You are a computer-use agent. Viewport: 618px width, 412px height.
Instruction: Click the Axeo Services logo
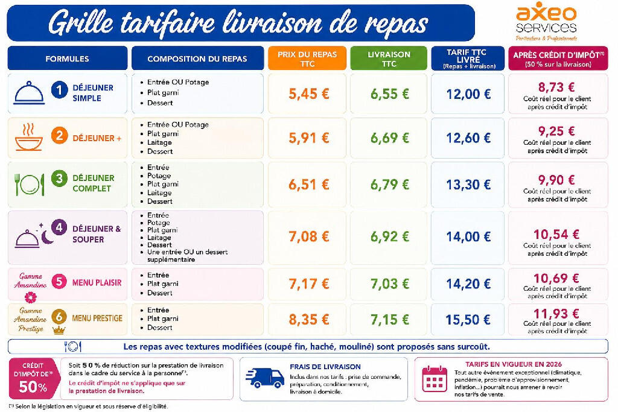tap(546, 22)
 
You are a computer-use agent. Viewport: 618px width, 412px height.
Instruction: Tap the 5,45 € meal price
tap(308, 93)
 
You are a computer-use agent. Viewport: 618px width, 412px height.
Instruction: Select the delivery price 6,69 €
tap(389, 138)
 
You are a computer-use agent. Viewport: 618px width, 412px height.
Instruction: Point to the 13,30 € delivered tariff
tap(468, 185)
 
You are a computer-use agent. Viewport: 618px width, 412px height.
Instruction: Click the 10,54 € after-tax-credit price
tap(556, 235)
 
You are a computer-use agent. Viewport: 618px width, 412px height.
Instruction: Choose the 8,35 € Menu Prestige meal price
tap(308, 320)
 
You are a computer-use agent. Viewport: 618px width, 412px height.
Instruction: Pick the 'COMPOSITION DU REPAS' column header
tap(197, 59)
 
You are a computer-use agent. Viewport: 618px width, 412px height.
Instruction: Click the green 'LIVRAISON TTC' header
tap(389, 59)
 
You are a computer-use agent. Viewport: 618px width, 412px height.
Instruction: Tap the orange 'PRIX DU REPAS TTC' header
tap(307, 59)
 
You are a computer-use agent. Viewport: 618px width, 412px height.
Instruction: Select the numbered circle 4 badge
tap(59, 227)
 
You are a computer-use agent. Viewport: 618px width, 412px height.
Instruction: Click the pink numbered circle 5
tap(59, 282)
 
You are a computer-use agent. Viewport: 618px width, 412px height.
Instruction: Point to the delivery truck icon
tap(264, 378)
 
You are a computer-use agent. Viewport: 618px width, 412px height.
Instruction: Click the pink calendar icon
tap(435, 379)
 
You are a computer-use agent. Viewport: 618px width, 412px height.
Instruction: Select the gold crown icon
tap(59, 330)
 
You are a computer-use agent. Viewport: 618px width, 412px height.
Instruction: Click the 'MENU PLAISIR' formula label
tap(97, 282)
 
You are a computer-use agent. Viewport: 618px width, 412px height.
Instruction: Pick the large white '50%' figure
tap(33, 387)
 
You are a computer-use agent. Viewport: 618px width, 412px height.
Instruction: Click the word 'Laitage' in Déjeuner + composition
tap(159, 142)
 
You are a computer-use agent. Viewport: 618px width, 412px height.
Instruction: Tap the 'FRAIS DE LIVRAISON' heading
tap(325, 367)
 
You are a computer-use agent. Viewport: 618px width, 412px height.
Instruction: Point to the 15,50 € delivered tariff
tap(468, 320)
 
